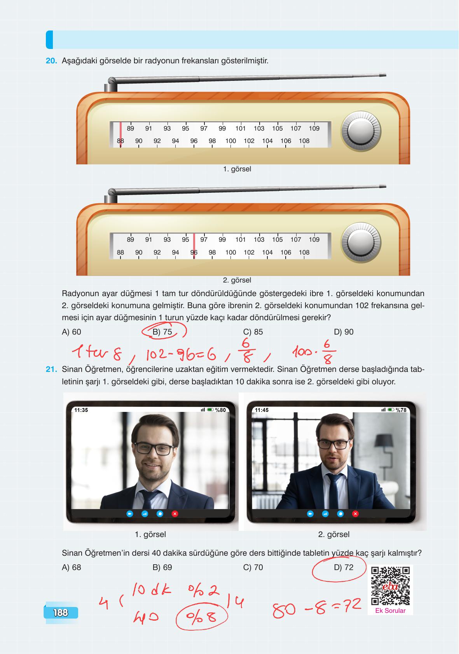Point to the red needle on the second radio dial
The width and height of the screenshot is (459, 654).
tap(194, 247)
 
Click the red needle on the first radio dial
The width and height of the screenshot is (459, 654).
tap(120, 134)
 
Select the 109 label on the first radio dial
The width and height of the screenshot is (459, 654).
tap(314, 129)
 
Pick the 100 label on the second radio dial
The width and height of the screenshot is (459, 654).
tap(230, 253)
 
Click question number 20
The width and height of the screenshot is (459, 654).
tap(51, 61)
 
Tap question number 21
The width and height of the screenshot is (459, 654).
tap(51, 370)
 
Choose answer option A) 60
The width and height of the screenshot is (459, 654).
tap(72, 332)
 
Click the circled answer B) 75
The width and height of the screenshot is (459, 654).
tap(162, 332)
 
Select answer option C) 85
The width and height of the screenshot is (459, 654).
tap(253, 332)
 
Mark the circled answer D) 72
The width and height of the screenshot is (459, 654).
tap(344, 567)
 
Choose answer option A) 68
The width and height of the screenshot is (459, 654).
tap(72, 567)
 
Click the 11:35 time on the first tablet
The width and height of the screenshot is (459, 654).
tap(81, 410)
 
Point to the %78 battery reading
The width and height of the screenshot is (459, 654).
tap(401, 410)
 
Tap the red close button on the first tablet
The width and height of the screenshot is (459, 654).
tap(175, 514)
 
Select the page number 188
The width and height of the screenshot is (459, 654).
tap(61, 613)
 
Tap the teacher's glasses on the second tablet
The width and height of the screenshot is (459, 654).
tap(334, 445)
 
